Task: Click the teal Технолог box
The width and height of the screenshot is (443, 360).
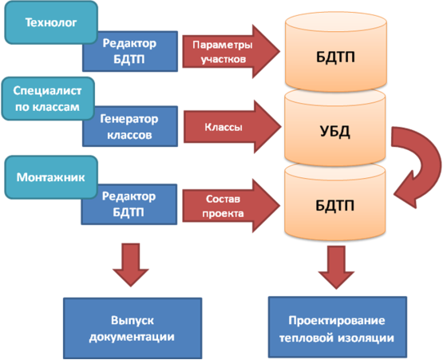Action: [x=51, y=22]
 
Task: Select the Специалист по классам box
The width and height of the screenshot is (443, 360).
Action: [x=48, y=99]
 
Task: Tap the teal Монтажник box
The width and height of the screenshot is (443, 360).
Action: [x=51, y=177]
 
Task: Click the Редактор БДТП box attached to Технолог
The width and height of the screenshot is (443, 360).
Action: [x=130, y=51]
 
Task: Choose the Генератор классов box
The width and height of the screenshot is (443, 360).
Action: [x=130, y=126]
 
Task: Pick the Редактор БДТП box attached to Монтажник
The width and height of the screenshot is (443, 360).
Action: [x=129, y=204]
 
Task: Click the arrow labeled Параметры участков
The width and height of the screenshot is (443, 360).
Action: [x=231, y=51]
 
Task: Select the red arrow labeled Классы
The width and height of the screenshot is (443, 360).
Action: [x=232, y=127]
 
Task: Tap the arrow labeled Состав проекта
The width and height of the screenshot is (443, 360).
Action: [x=231, y=206]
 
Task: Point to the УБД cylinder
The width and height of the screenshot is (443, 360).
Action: [x=335, y=129]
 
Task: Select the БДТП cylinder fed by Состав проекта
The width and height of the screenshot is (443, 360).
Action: [x=335, y=202]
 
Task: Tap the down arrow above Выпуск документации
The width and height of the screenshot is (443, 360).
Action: [x=131, y=265]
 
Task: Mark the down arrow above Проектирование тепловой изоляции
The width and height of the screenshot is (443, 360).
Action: [x=336, y=267]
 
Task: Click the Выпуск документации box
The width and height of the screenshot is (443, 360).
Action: [x=133, y=328]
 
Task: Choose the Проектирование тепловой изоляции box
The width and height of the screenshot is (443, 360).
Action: [x=338, y=327]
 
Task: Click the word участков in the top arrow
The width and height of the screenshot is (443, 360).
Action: [x=223, y=59]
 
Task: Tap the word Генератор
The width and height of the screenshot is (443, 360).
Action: [x=129, y=119]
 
